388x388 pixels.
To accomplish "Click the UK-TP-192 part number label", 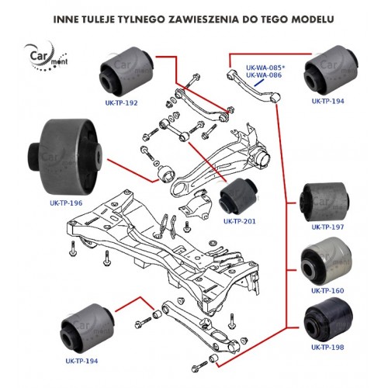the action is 121,103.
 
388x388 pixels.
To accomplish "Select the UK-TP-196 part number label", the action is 66,203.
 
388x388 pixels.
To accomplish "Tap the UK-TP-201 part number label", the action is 240,221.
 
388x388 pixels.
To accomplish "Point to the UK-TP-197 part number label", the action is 327,227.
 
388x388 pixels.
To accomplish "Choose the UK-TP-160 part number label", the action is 327,291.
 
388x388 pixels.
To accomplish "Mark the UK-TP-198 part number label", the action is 327,347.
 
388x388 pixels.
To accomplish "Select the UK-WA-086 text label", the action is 264,75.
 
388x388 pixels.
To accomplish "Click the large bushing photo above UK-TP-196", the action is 65,158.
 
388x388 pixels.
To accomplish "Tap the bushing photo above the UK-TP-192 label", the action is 126,71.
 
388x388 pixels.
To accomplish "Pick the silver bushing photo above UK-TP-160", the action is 327,262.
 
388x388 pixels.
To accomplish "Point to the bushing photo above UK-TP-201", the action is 238,196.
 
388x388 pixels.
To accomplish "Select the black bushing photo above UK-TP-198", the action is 328,320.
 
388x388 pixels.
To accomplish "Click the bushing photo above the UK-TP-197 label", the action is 324,203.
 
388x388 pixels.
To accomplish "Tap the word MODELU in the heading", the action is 313,19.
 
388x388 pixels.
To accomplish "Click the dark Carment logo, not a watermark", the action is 46,57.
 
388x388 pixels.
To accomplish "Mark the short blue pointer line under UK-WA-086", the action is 259,83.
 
